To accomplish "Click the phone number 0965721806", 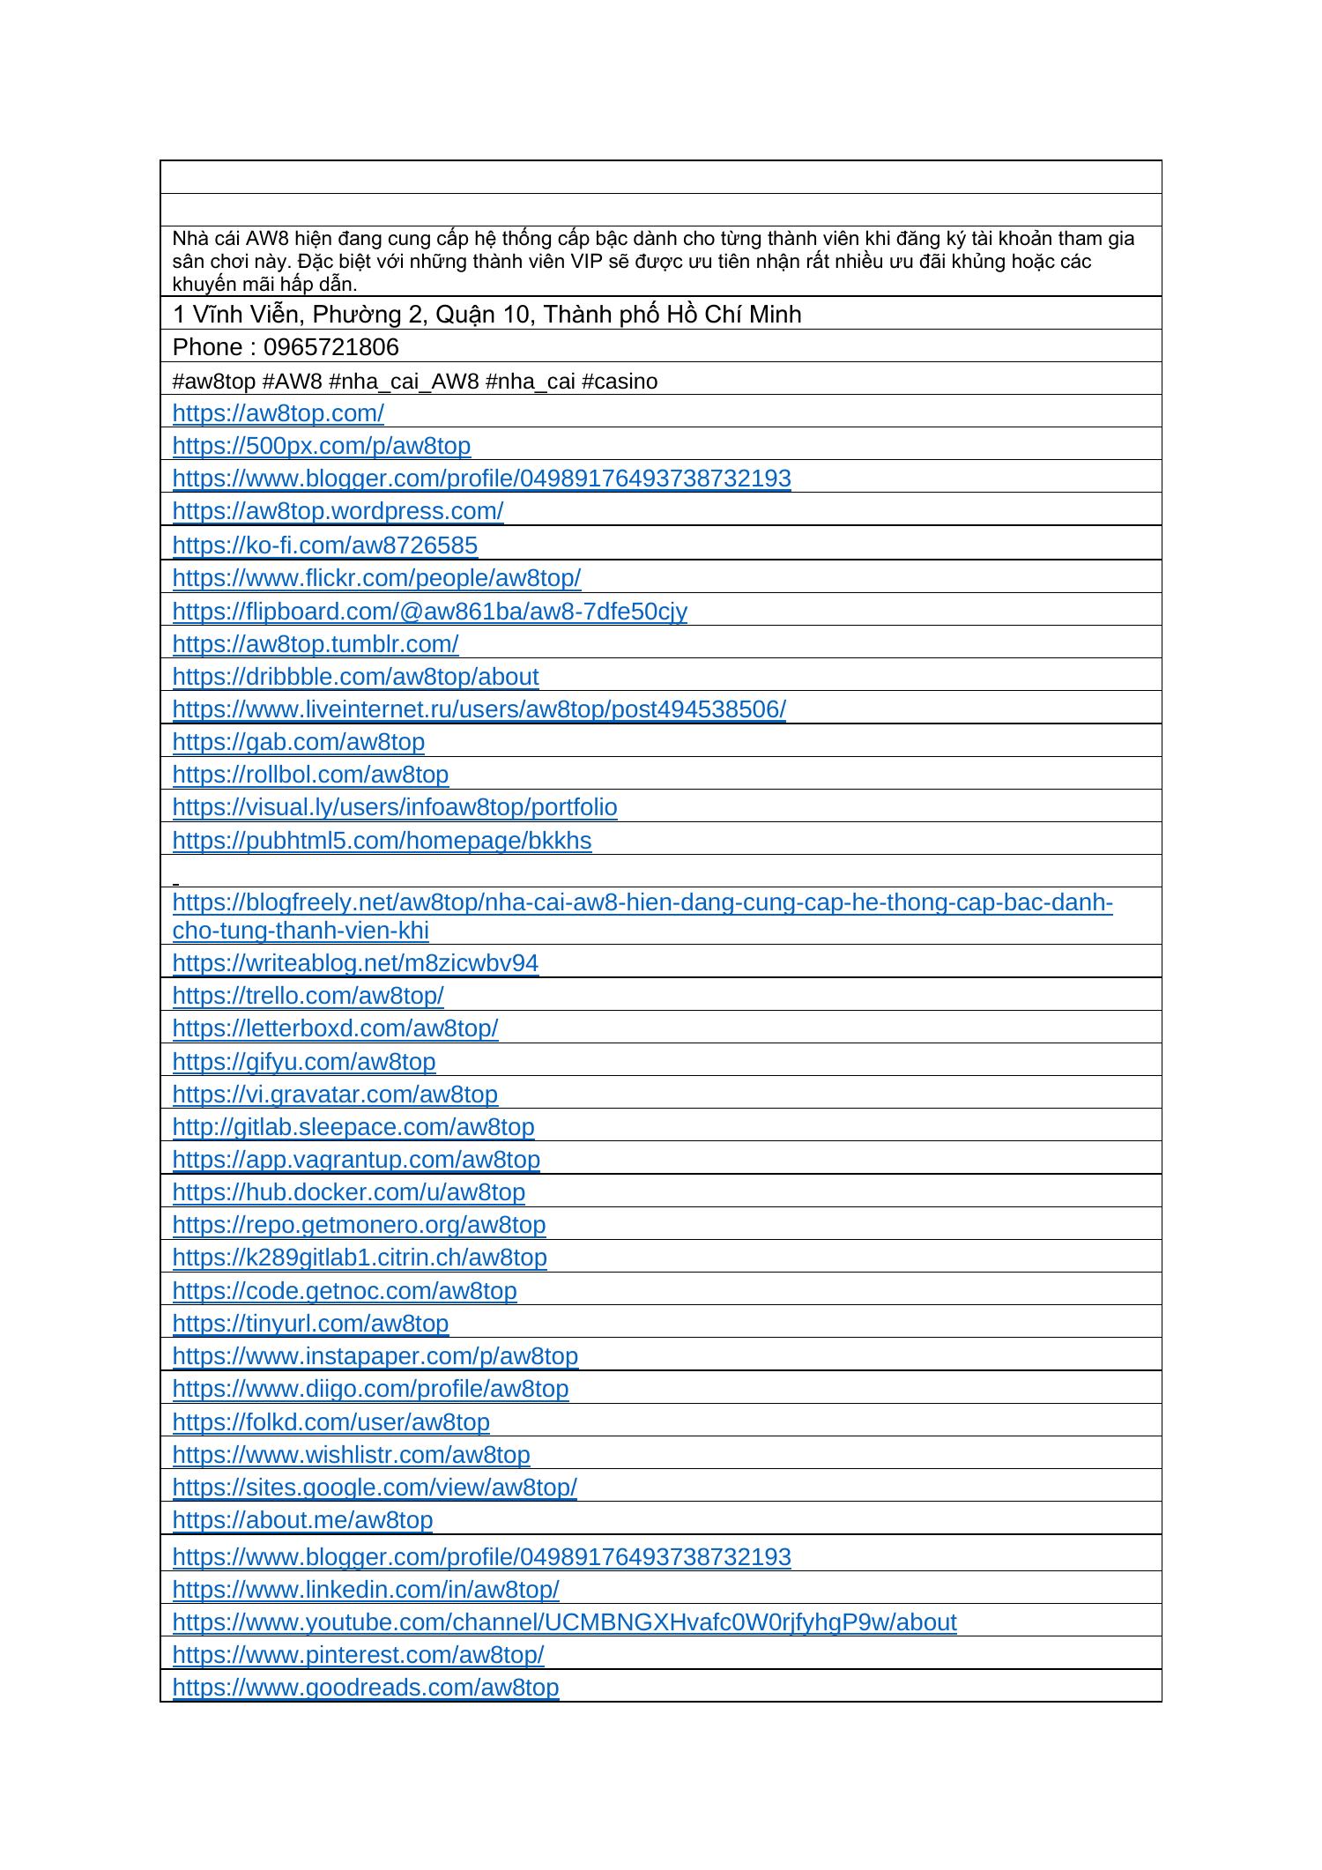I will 330,347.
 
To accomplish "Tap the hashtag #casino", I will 620,382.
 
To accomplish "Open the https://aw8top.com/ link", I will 278,413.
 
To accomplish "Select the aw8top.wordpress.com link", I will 338,511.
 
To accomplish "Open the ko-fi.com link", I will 324,545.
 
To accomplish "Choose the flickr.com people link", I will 376,578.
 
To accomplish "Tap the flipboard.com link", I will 429,612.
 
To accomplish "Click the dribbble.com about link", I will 355,677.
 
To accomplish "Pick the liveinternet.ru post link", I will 479,709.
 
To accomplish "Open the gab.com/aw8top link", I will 298,742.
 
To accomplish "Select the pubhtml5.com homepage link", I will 382,841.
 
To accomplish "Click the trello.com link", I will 308,996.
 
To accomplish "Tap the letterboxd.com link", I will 335,1028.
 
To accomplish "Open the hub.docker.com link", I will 348,1192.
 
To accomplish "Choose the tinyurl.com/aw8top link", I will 310,1324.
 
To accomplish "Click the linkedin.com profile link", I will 366,1590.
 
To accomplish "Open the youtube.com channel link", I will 564,1622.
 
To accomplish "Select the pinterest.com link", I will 358,1655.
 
